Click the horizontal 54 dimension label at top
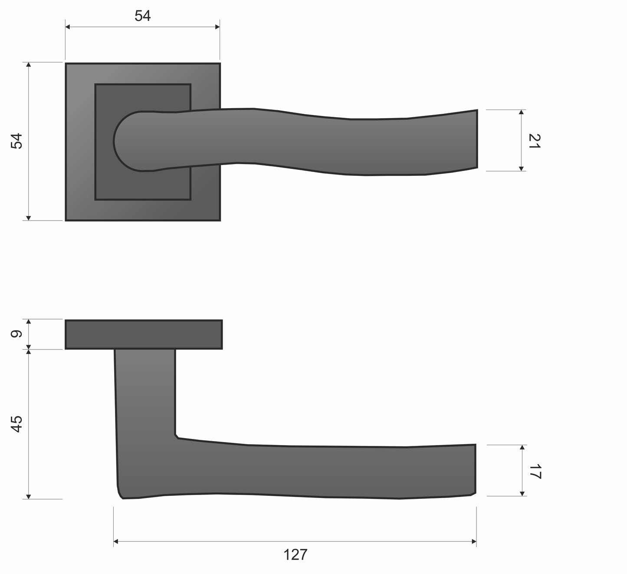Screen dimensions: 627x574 point(142,16)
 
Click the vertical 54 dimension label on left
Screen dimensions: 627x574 point(16,141)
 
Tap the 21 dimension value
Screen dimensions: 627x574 point(535,141)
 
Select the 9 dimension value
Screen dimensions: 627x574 point(16,334)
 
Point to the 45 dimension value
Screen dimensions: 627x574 point(16,424)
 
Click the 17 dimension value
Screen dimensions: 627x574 point(535,472)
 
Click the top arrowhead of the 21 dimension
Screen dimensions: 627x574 point(521,112)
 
